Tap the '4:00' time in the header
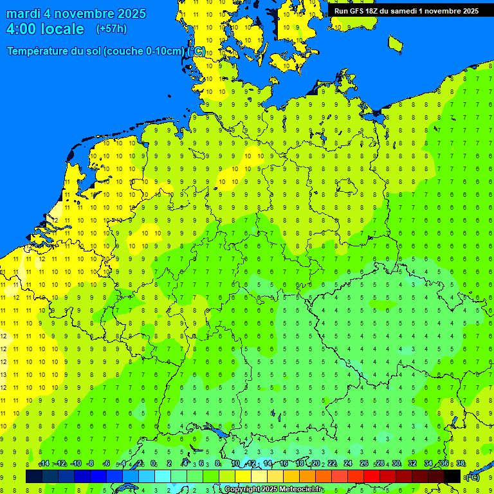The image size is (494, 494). coord(21,29)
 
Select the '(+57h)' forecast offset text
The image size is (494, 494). coord(111,29)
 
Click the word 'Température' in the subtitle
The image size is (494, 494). coord(41,51)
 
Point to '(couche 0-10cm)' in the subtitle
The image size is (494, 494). coord(143,51)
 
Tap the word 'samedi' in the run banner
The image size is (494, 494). coord(404,11)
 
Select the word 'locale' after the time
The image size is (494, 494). coord(62,29)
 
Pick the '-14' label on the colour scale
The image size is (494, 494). coord(44,464)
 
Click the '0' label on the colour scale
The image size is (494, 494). coord(153,464)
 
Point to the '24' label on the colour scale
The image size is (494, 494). coord(348,464)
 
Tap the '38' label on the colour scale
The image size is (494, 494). coord(461,464)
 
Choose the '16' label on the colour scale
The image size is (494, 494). coord(283,464)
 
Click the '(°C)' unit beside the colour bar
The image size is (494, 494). coord(472,477)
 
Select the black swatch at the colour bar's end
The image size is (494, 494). coord(452,476)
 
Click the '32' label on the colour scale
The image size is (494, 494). coord(412,464)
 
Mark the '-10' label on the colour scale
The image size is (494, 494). coord(75,464)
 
